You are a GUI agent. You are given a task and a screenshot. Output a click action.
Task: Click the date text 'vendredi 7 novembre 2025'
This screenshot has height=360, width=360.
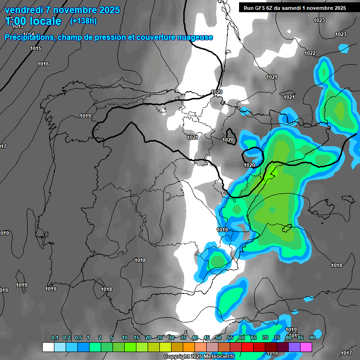[x=62, y=10]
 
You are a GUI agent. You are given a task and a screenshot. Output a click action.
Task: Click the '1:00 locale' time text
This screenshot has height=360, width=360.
[x=33, y=21]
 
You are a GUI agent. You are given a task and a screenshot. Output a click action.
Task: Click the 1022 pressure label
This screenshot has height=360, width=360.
[x=310, y=53]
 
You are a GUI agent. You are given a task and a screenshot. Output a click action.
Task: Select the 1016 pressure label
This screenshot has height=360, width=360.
[x=43, y=64]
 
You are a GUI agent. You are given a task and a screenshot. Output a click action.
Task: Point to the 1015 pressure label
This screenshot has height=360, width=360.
[x=36, y=49]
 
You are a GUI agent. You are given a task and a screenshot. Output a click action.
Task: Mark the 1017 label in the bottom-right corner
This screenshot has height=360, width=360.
[x=346, y=353]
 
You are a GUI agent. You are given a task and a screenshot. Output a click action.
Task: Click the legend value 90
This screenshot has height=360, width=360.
[x=312, y=337]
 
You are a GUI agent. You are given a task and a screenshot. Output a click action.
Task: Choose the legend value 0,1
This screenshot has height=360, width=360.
[x=55, y=337]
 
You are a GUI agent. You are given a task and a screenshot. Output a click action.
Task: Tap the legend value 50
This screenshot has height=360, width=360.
[x=218, y=337]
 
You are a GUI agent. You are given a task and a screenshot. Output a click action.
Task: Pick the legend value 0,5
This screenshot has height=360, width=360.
[x=78, y=337]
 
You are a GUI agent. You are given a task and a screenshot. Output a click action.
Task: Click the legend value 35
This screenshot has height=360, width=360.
[x=183, y=337]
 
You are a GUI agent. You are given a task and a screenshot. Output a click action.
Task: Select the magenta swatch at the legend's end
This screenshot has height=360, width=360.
[x=306, y=347]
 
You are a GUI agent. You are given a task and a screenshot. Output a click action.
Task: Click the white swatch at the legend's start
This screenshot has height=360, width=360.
[x=48, y=347]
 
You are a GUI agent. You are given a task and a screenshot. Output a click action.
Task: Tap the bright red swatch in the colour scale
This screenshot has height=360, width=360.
[x=247, y=347]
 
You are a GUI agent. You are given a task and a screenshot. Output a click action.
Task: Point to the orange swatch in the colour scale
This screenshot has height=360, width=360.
[x=189, y=347]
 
